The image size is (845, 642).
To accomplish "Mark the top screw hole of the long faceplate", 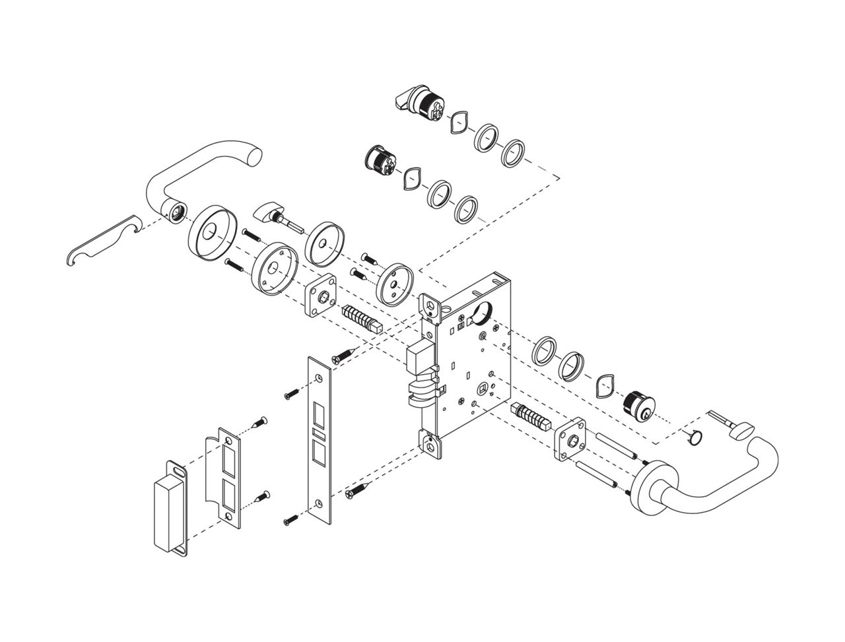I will point(320,377).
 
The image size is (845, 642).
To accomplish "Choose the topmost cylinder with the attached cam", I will point(422,102).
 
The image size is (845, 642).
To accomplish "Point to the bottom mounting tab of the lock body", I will point(432,443).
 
